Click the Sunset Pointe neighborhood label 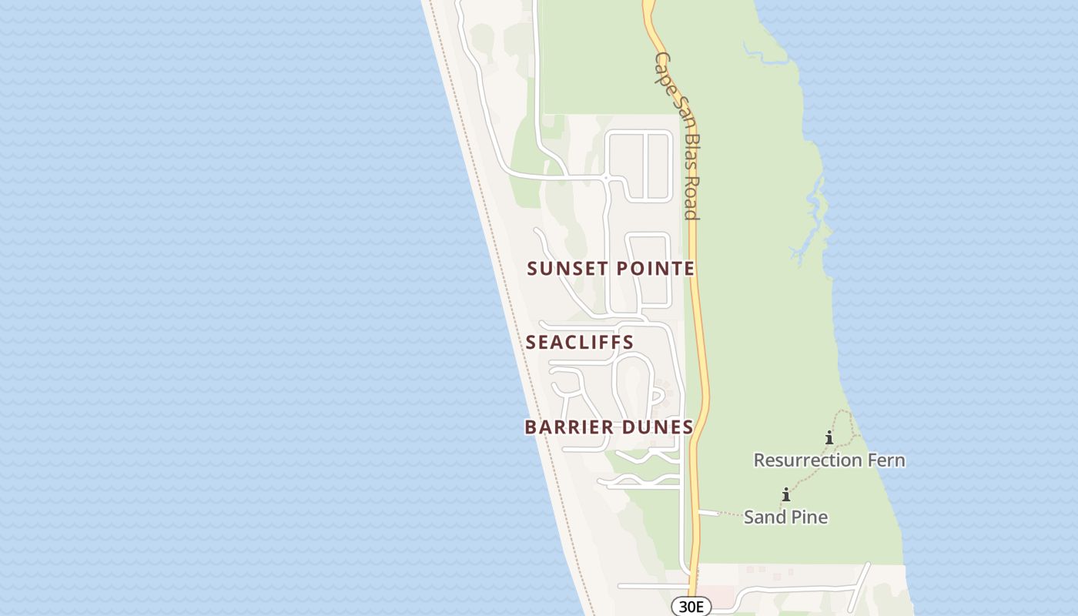tap(611, 268)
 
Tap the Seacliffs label tap(580, 342)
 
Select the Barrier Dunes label tap(609, 427)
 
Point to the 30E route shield tap(691, 607)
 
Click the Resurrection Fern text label tap(829, 460)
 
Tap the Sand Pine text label tap(785, 517)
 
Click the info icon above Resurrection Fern tap(829, 438)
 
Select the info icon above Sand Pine tap(786, 494)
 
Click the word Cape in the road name tap(662, 65)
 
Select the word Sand tap(762, 517)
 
